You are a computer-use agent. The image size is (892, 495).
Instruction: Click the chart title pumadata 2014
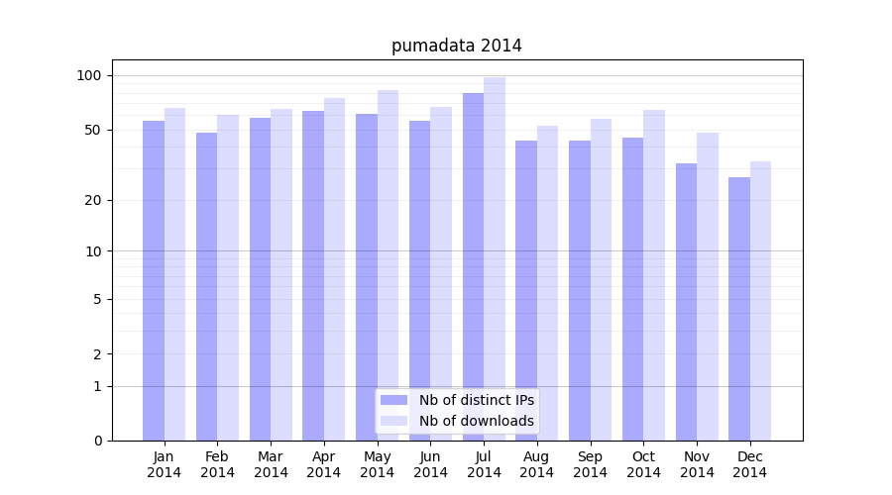pyautogui.click(x=456, y=46)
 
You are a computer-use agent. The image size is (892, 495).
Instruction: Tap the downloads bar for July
pyautogui.click(x=495, y=258)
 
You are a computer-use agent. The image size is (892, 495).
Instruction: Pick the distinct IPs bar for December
pyautogui.click(x=739, y=309)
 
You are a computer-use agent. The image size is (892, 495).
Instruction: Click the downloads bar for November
pyautogui.click(x=708, y=286)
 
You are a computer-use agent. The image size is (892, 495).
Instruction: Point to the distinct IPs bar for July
pyautogui.click(x=473, y=266)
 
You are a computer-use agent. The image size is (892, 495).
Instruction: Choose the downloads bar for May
pyautogui.click(x=388, y=265)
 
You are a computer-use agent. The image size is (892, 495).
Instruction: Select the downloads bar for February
pyautogui.click(x=228, y=277)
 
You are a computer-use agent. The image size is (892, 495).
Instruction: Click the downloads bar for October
pyautogui.click(x=654, y=275)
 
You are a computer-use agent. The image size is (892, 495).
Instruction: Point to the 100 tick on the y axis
pyautogui.click(x=89, y=76)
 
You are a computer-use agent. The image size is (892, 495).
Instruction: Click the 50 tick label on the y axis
pyautogui.click(x=93, y=130)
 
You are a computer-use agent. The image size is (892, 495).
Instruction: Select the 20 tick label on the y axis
pyautogui.click(x=93, y=200)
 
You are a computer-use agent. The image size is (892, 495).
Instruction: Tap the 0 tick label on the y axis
pyautogui.click(x=97, y=441)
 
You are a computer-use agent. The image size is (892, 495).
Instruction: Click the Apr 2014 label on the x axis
pyautogui.click(x=324, y=464)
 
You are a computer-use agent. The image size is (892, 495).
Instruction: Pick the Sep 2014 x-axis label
pyautogui.click(x=590, y=464)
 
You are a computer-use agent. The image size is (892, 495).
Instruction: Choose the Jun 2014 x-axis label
pyautogui.click(x=430, y=464)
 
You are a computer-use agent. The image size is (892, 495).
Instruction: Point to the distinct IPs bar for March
pyautogui.click(x=260, y=279)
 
